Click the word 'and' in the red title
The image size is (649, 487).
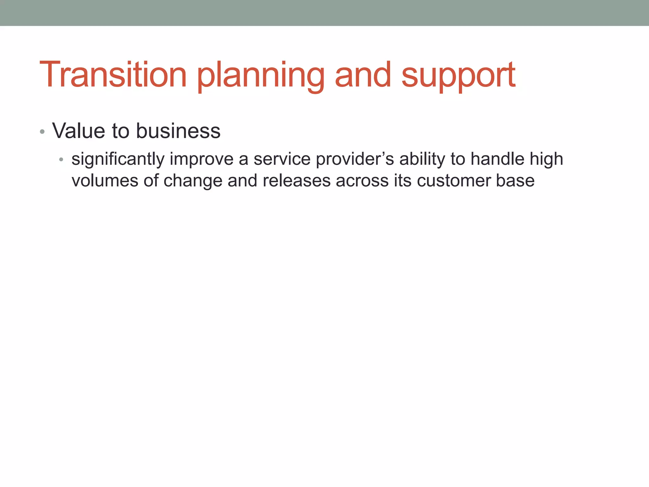(363, 75)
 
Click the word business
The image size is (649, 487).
(178, 131)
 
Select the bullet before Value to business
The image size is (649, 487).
(42, 132)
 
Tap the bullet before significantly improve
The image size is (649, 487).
(61, 159)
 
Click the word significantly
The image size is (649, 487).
(118, 159)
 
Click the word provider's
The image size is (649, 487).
(355, 159)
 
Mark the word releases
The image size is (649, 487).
(297, 181)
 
